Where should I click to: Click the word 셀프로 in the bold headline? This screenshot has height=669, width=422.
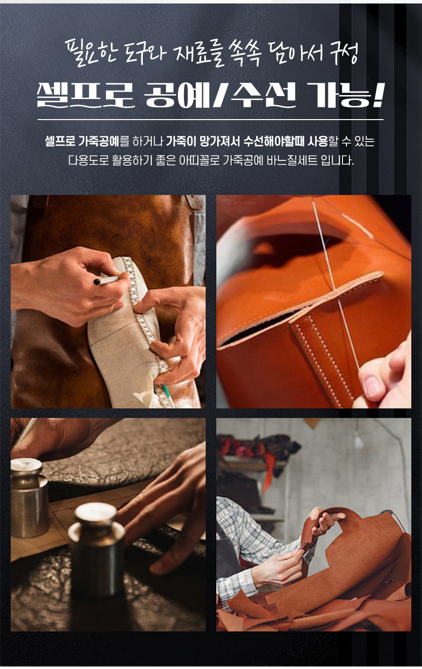coord(85,95)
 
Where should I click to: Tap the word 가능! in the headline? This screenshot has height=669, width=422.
coord(345,95)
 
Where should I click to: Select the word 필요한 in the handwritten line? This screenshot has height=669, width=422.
coord(91,53)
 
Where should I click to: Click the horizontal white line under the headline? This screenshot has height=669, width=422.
coord(211,120)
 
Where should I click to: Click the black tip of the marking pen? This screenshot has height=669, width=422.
coord(97,282)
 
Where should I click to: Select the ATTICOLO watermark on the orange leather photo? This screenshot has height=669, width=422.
coord(239,203)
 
